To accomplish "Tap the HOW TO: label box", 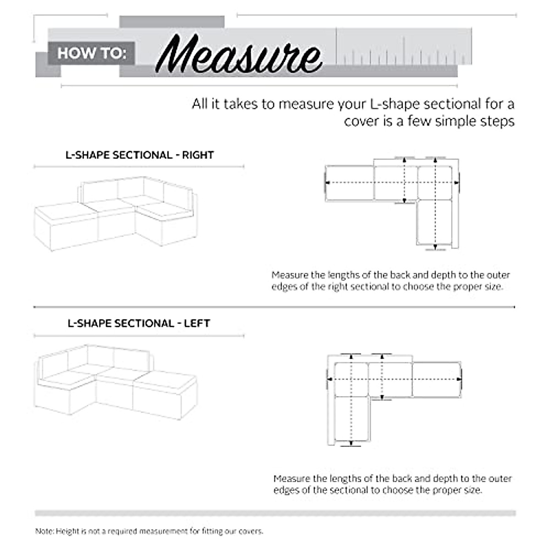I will (91, 53).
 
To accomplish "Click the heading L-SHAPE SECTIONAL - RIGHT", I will (139, 155).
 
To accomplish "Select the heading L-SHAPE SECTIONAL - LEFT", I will (139, 323).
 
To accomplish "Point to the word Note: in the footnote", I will (44, 531).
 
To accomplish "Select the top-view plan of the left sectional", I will (394, 399).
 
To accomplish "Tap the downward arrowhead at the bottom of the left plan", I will (351, 442).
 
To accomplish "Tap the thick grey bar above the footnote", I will (275, 513).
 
